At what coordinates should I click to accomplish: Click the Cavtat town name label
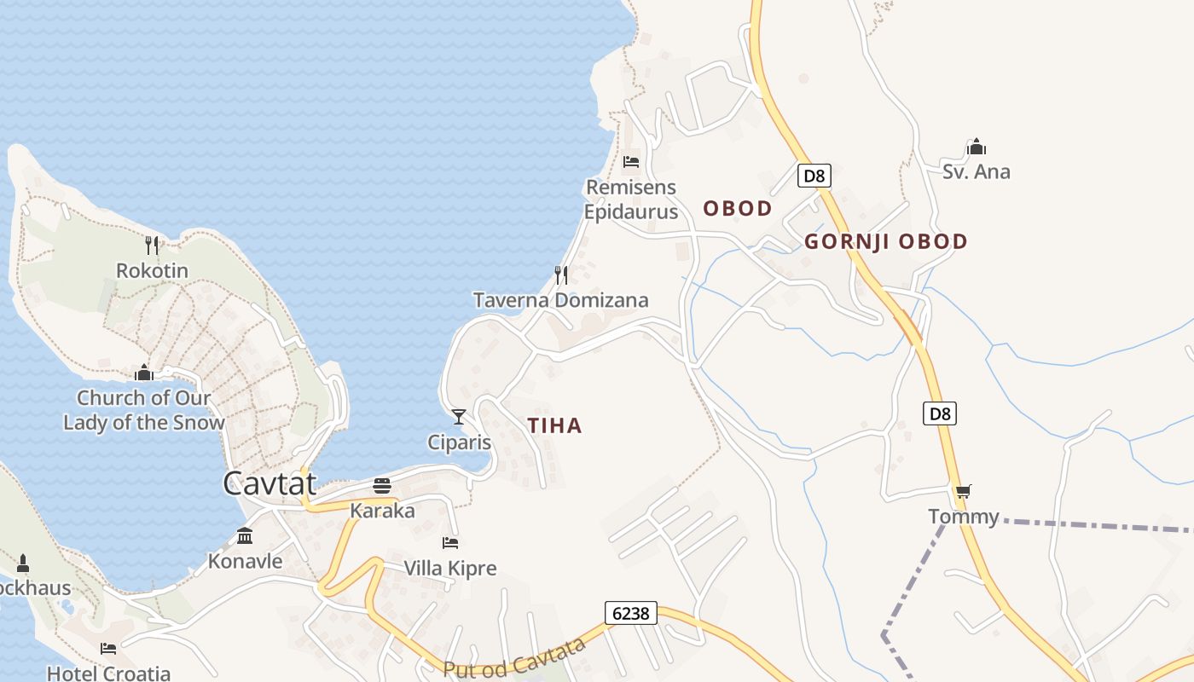(270, 483)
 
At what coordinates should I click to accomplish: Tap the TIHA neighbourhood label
(554, 425)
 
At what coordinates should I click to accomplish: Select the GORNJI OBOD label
(886, 241)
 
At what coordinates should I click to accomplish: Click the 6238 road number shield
(631, 612)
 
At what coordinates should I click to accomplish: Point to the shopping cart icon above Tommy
(963, 491)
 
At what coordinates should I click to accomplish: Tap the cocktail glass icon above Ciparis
(459, 417)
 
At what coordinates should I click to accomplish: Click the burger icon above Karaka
(382, 486)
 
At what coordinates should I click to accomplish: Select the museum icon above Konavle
(245, 536)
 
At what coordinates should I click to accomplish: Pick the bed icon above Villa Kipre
(450, 542)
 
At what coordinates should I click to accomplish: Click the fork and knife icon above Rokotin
(152, 246)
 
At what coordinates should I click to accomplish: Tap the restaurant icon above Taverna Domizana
(561, 275)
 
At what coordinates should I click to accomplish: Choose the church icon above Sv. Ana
(977, 147)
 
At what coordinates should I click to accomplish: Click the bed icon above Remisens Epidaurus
(631, 161)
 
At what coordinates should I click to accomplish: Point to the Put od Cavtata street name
(515, 658)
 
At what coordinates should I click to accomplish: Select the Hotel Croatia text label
(108, 673)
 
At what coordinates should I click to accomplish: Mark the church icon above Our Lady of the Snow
(144, 373)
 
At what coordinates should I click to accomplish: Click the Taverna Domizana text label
(560, 300)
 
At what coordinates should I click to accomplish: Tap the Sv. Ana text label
(976, 171)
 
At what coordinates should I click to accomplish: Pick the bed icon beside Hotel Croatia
(108, 649)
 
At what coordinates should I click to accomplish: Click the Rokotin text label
(152, 271)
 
